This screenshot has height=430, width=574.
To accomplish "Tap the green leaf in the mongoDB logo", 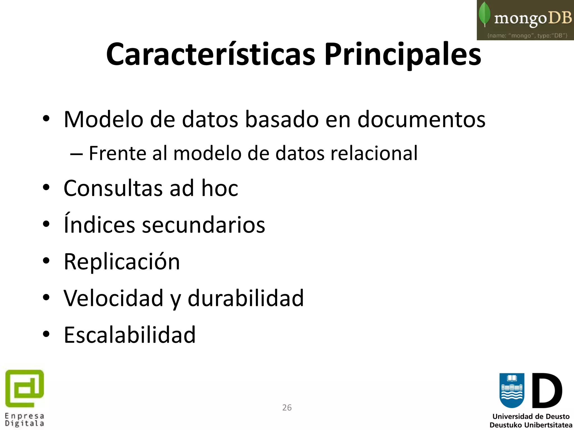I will click(485, 14).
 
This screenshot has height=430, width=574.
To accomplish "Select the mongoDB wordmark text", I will click(533, 18).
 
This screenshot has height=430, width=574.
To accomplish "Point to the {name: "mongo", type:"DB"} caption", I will click(527, 36).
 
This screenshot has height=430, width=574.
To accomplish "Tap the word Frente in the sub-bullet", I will click(117, 153).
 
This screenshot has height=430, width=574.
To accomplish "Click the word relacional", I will click(374, 153).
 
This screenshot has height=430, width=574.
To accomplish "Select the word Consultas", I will click(113, 188).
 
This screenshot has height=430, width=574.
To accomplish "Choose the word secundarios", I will click(203, 225).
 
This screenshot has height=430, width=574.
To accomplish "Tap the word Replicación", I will click(122, 261).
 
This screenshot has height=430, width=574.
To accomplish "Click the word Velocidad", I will click(114, 298).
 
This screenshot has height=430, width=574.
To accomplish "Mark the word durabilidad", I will click(246, 298).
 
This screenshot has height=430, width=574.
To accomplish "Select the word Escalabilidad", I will click(129, 335).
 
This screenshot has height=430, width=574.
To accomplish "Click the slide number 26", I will click(287, 408).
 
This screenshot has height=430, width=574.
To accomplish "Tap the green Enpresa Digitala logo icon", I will click(25, 389).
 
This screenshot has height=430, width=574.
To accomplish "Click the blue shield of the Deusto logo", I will click(512, 391).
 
